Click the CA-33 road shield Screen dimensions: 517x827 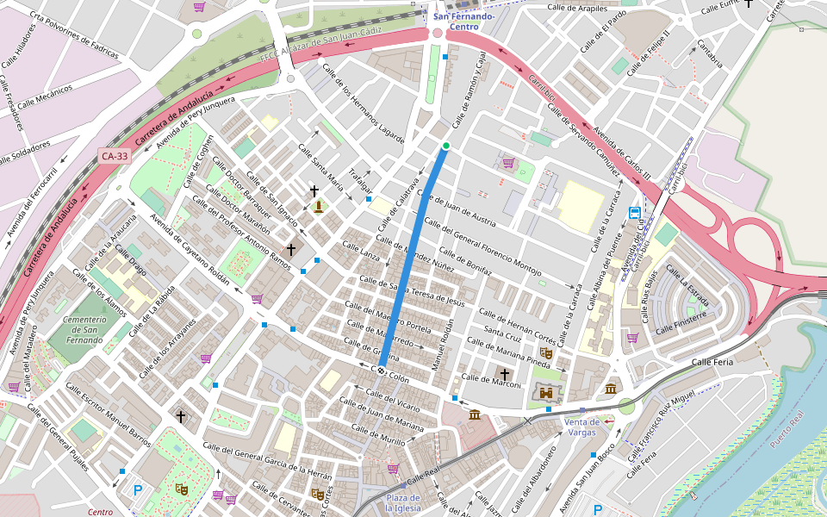(x=114, y=156)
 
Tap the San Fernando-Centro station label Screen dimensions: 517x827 (x=464, y=22)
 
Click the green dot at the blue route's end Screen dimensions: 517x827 (x=445, y=146)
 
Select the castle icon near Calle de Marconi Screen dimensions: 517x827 (x=545, y=393)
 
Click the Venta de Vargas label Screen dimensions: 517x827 (x=581, y=427)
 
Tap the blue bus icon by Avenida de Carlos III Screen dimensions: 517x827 (x=635, y=213)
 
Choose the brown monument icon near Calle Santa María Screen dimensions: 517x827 (x=320, y=206)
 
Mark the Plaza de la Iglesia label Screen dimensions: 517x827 (x=402, y=503)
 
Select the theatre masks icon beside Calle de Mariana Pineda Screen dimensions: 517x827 (x=545, y=352)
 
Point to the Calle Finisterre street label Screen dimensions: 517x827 (x=681, y=321)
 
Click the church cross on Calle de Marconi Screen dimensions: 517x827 (x=505, y=374)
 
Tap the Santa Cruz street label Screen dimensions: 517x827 (x=502, y=333)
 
